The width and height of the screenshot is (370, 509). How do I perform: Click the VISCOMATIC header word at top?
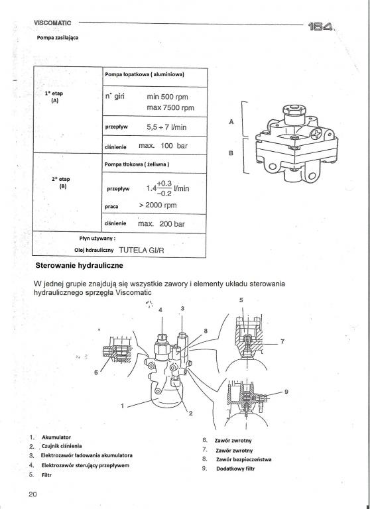tap(52, 23)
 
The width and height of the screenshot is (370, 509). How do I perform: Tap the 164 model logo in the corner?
tap(321, 27)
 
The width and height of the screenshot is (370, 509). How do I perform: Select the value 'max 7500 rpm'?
tap(170, 107)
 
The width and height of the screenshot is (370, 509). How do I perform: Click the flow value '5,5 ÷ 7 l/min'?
tap(166, 127)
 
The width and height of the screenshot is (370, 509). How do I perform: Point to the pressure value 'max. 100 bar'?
tap(163, 146)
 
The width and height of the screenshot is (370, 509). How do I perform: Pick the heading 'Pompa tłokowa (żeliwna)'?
tap(137, 164)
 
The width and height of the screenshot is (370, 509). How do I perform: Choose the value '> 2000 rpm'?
tap(158, 205)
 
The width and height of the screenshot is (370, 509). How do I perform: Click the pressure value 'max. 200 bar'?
tap(161, 223)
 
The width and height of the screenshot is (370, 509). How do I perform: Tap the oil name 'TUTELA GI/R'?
tap(142, 251)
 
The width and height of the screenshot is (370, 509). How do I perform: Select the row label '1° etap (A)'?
tap(54, 97)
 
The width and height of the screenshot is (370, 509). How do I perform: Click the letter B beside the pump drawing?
tap(231, 153)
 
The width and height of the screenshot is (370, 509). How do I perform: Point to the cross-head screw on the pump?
tap(316, 134)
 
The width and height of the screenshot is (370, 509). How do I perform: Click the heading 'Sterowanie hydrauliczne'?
tap(80, 266)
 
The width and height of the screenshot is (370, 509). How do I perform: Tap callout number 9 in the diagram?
tap(286, 392)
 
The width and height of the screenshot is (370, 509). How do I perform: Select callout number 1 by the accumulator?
tap(122, 406)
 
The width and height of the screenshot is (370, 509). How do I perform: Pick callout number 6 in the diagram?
tap(96, 372)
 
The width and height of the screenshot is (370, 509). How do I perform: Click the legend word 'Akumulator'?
tap(56, 437)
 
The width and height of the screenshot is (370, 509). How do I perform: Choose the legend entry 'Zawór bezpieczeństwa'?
tap(243, 459)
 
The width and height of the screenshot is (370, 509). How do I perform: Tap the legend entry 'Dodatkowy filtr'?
tap(235, 469)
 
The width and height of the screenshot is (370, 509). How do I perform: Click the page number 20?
tap(32, 494)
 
